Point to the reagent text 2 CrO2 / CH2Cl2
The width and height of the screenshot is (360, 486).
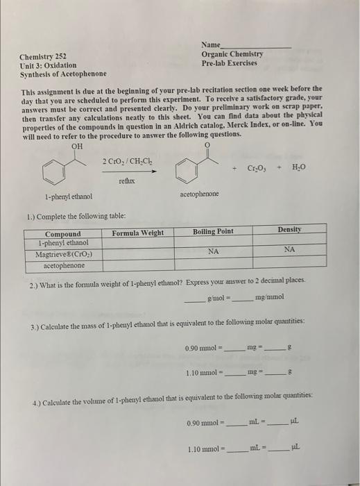click(x=126, y=161)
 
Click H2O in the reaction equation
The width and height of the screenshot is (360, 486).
click(x=298, y=167)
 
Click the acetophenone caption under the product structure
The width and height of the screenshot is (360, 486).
click(x=198, y=194)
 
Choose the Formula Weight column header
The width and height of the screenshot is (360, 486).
click(x=137, y=233)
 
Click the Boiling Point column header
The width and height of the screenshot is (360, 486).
click(x=213, y=231)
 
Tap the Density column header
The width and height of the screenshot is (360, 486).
click(x=290, y=228)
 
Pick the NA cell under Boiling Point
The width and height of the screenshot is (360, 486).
click(x=214, y=252)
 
